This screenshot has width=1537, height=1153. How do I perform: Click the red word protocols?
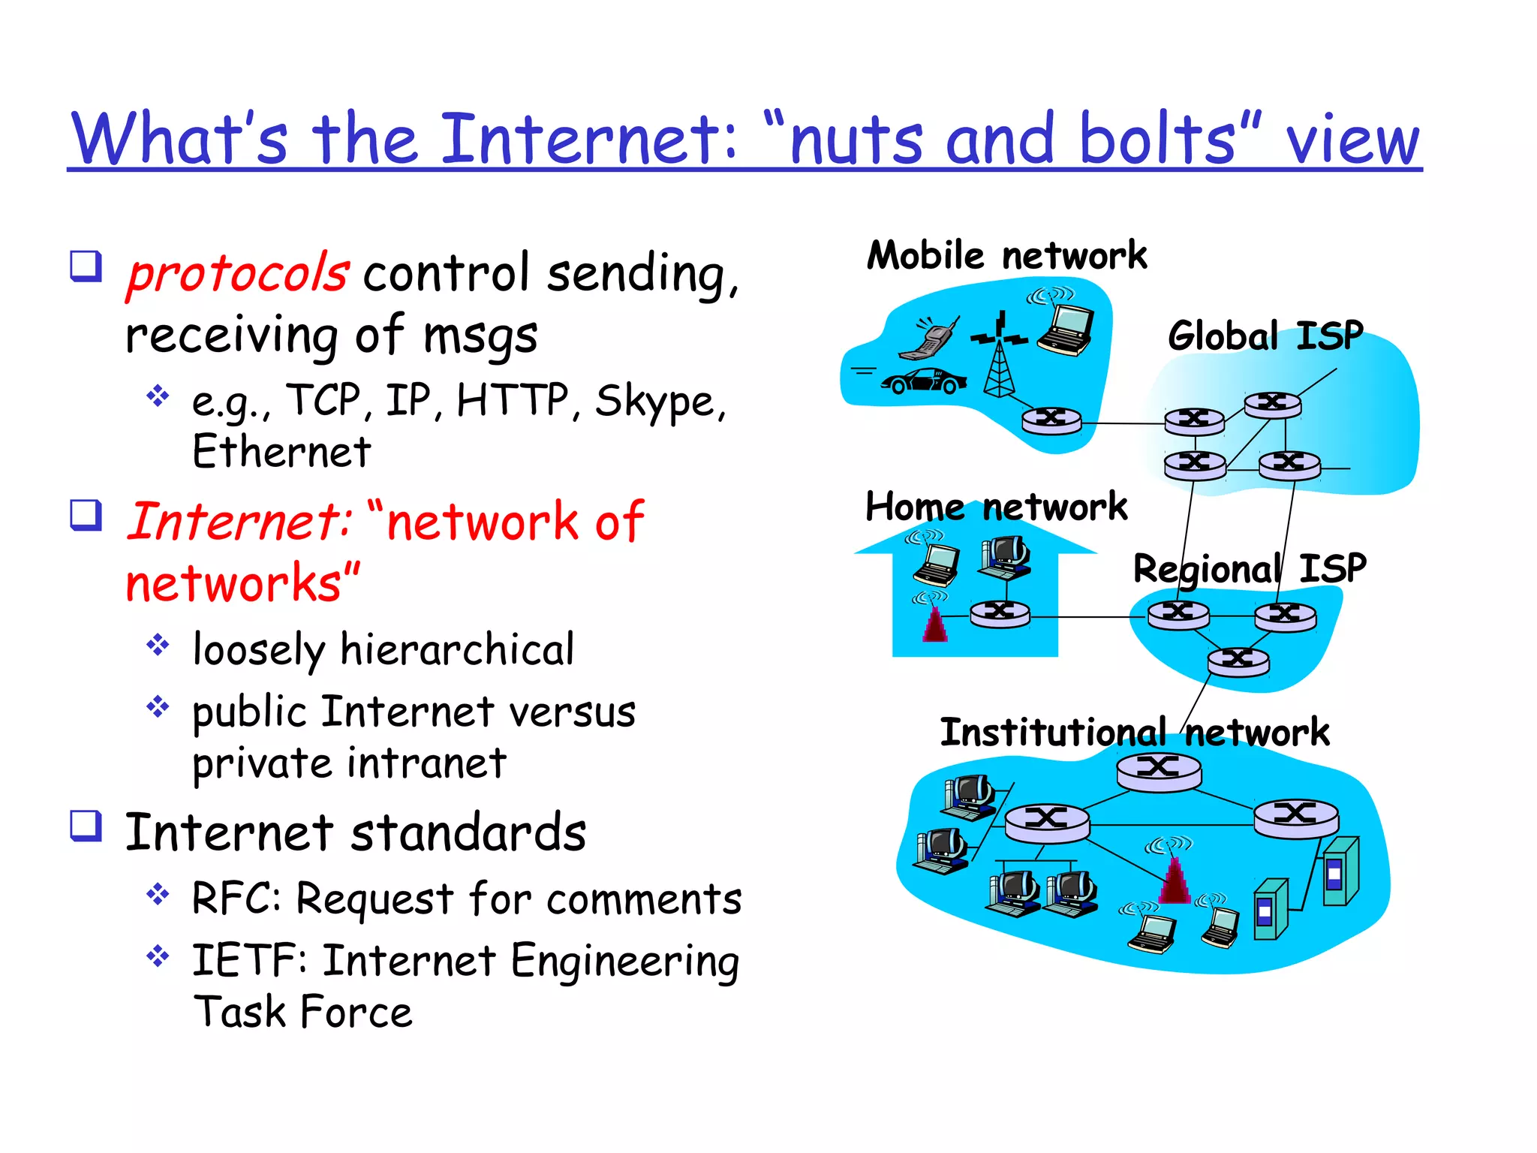(237, 273)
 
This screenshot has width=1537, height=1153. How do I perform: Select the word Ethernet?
(281, 452)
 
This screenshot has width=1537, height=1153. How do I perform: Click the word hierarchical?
(457, 650)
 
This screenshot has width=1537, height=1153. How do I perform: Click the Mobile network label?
(1006, 256)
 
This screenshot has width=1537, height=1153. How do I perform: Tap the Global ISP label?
(1265, 336)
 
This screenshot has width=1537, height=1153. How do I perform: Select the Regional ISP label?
(1250, 569)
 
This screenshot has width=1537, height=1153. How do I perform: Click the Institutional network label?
(1134, 733)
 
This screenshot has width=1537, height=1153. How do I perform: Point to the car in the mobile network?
(924, 381)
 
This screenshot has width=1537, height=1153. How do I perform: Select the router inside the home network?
(1000, 613)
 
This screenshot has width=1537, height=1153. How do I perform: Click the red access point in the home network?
(934, 622)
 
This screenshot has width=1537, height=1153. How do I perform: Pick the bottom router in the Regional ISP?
(1238, 661)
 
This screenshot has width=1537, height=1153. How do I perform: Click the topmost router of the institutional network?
(1158, 769)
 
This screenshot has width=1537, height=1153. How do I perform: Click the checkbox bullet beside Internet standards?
(86, 826)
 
